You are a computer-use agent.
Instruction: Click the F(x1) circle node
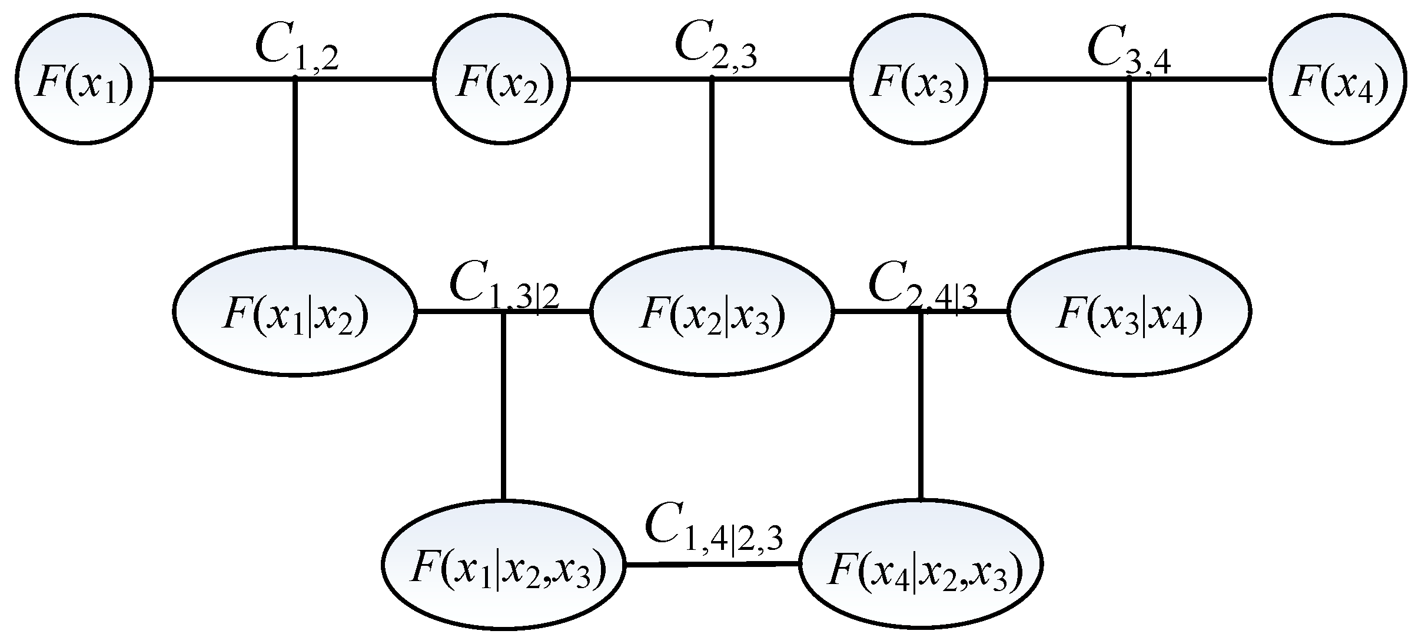click(84, 79)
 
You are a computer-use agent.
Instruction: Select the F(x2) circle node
click(501, 79)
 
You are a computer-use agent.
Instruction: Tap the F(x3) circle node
click(918, 79)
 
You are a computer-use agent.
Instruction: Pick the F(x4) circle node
click(1338, 79)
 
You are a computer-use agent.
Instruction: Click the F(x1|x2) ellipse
click(295, 312)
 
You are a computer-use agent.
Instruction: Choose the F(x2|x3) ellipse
click(712, 312)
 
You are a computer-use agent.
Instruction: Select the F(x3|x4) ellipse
click(1129, 312)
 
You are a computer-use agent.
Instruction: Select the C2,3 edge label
click(716, 47)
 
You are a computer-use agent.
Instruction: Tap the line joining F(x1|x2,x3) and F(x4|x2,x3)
click(712, 565)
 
